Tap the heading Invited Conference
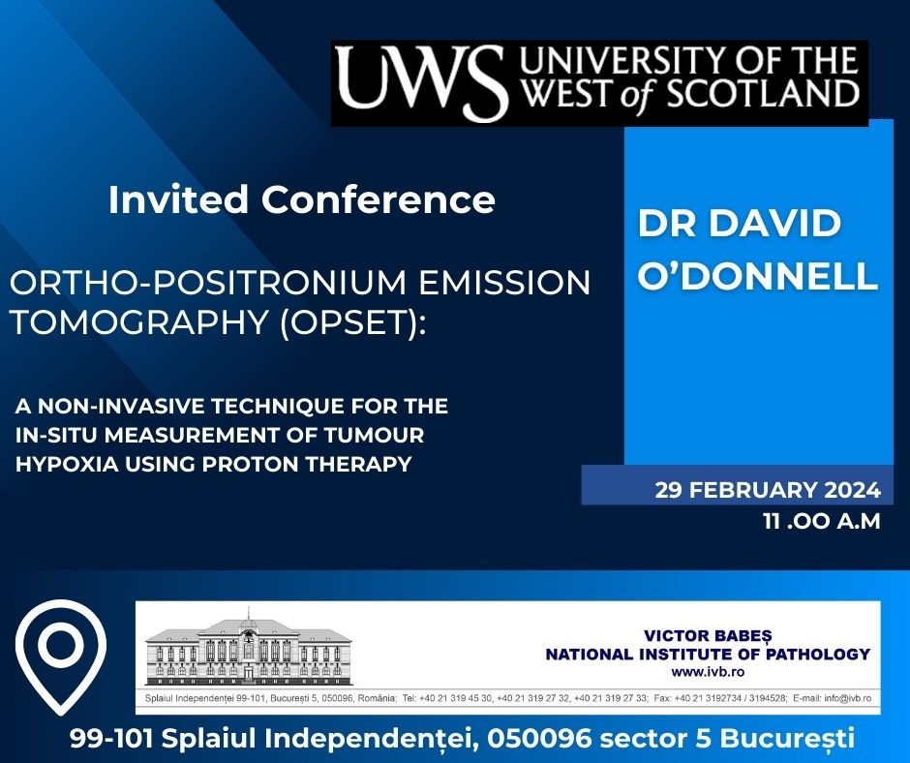(301, 199)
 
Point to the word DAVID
(786, 224)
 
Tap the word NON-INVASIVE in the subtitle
(112, 402)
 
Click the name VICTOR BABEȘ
(708, 636)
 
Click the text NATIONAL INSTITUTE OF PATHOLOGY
(708, 655)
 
